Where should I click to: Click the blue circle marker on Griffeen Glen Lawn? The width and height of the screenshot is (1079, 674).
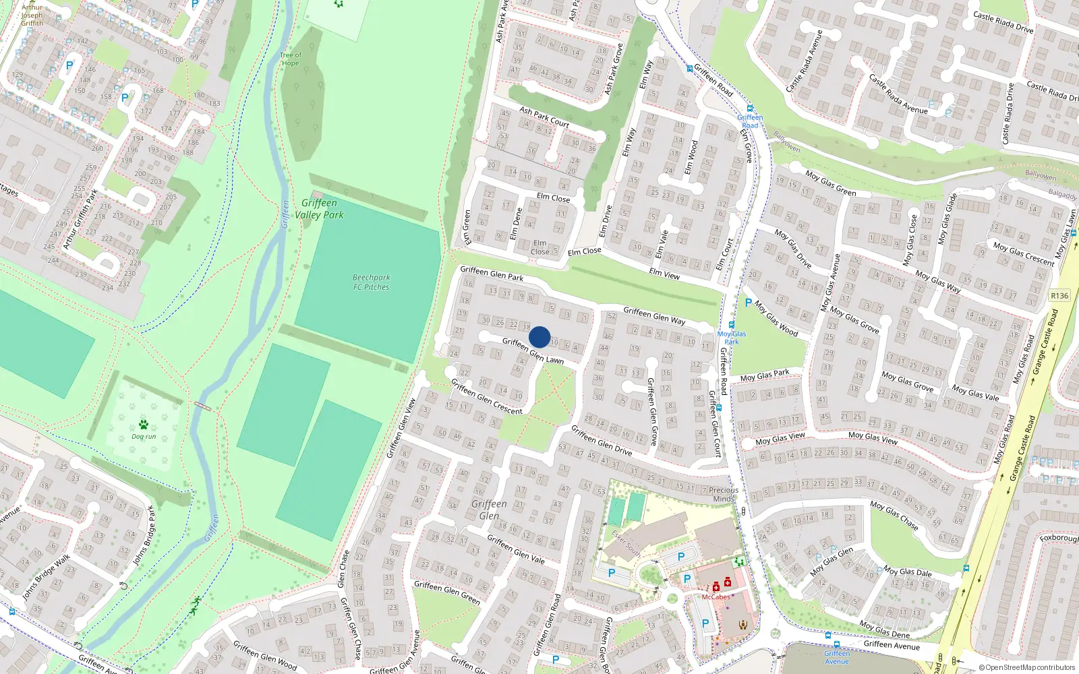coord(539,337)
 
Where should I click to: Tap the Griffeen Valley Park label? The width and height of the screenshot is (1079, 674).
coord(319,209)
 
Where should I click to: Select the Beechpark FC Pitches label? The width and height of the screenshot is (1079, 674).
coord(371,282)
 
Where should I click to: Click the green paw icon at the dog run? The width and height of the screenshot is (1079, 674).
coord(144,425)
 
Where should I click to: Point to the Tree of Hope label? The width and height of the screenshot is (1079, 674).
coord(290,59)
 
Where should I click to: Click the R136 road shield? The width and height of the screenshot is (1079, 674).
coord(1059,296)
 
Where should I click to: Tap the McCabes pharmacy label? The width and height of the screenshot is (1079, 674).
coord(716,597)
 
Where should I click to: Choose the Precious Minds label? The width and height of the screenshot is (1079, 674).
coord(724,494)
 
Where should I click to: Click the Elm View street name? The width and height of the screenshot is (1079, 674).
coord(664,273)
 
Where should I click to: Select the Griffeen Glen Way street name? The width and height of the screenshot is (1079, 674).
coord(654,315)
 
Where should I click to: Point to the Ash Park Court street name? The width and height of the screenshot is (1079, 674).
coord(544,117)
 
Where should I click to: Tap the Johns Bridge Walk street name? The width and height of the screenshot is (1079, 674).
coord(46,577)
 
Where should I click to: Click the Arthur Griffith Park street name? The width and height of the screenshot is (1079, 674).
coord(80,220)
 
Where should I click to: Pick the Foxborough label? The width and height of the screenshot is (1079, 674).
coord(1059,538)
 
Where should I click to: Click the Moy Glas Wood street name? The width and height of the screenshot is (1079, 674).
coord(776,318)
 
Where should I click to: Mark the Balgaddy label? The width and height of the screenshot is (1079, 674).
coord(1063,194)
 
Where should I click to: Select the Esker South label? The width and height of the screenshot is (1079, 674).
coord(626,543)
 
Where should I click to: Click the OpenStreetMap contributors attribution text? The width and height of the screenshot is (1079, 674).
coord(1027,667)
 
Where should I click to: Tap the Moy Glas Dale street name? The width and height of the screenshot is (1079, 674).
coord(908,572)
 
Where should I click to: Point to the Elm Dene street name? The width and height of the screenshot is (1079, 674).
coord(515,224)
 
